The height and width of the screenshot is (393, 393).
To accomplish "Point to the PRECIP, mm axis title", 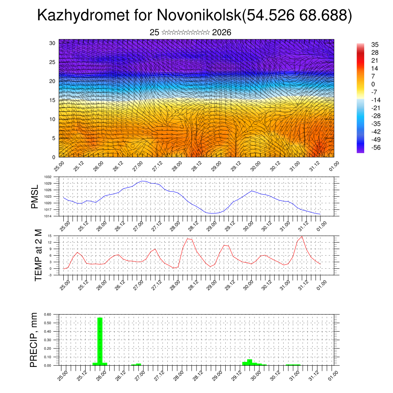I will [34, 340].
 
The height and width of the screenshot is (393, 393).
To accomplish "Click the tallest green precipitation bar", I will [100, 341].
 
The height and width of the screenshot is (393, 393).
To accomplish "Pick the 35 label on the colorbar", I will [375, 45].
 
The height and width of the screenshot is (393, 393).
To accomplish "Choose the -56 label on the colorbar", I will [376, 147].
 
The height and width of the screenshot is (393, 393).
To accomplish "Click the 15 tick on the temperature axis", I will [50, 236].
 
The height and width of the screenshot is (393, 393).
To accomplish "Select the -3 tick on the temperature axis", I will [50, 275].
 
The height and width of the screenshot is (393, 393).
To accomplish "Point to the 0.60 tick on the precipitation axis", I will [48, 314].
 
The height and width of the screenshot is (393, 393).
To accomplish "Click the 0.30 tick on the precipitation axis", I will [48, 340].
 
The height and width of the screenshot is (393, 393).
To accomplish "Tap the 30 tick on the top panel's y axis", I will [52, 43].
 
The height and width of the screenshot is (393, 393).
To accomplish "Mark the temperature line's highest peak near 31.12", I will [302, 236].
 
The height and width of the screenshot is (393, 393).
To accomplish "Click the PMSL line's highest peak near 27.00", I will [143, 181].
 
